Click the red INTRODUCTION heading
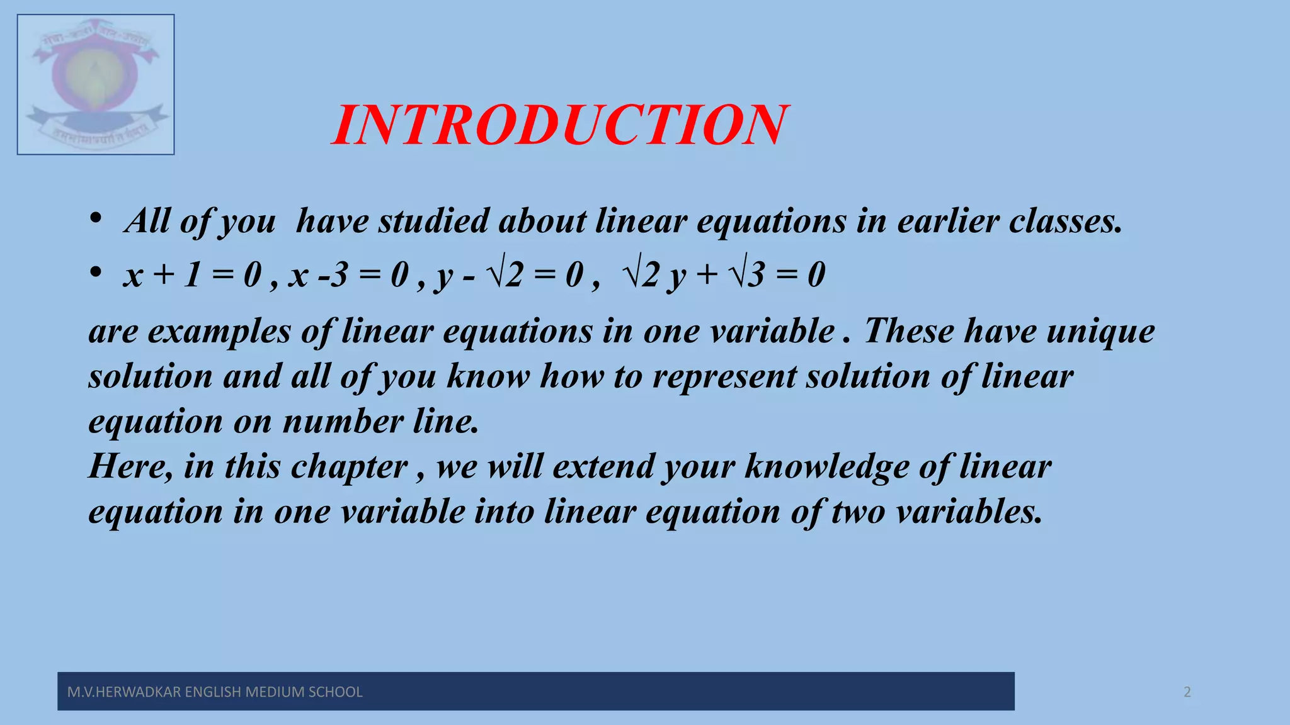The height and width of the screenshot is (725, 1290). click(559, 125)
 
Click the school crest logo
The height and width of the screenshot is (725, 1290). click(96, 84)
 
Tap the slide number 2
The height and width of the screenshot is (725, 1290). click(1187, 692)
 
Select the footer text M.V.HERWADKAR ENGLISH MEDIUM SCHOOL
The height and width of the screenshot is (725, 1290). click(215, 692)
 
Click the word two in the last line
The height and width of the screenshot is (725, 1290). click(859, 512)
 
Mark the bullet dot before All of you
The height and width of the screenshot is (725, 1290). click(95, 219)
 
